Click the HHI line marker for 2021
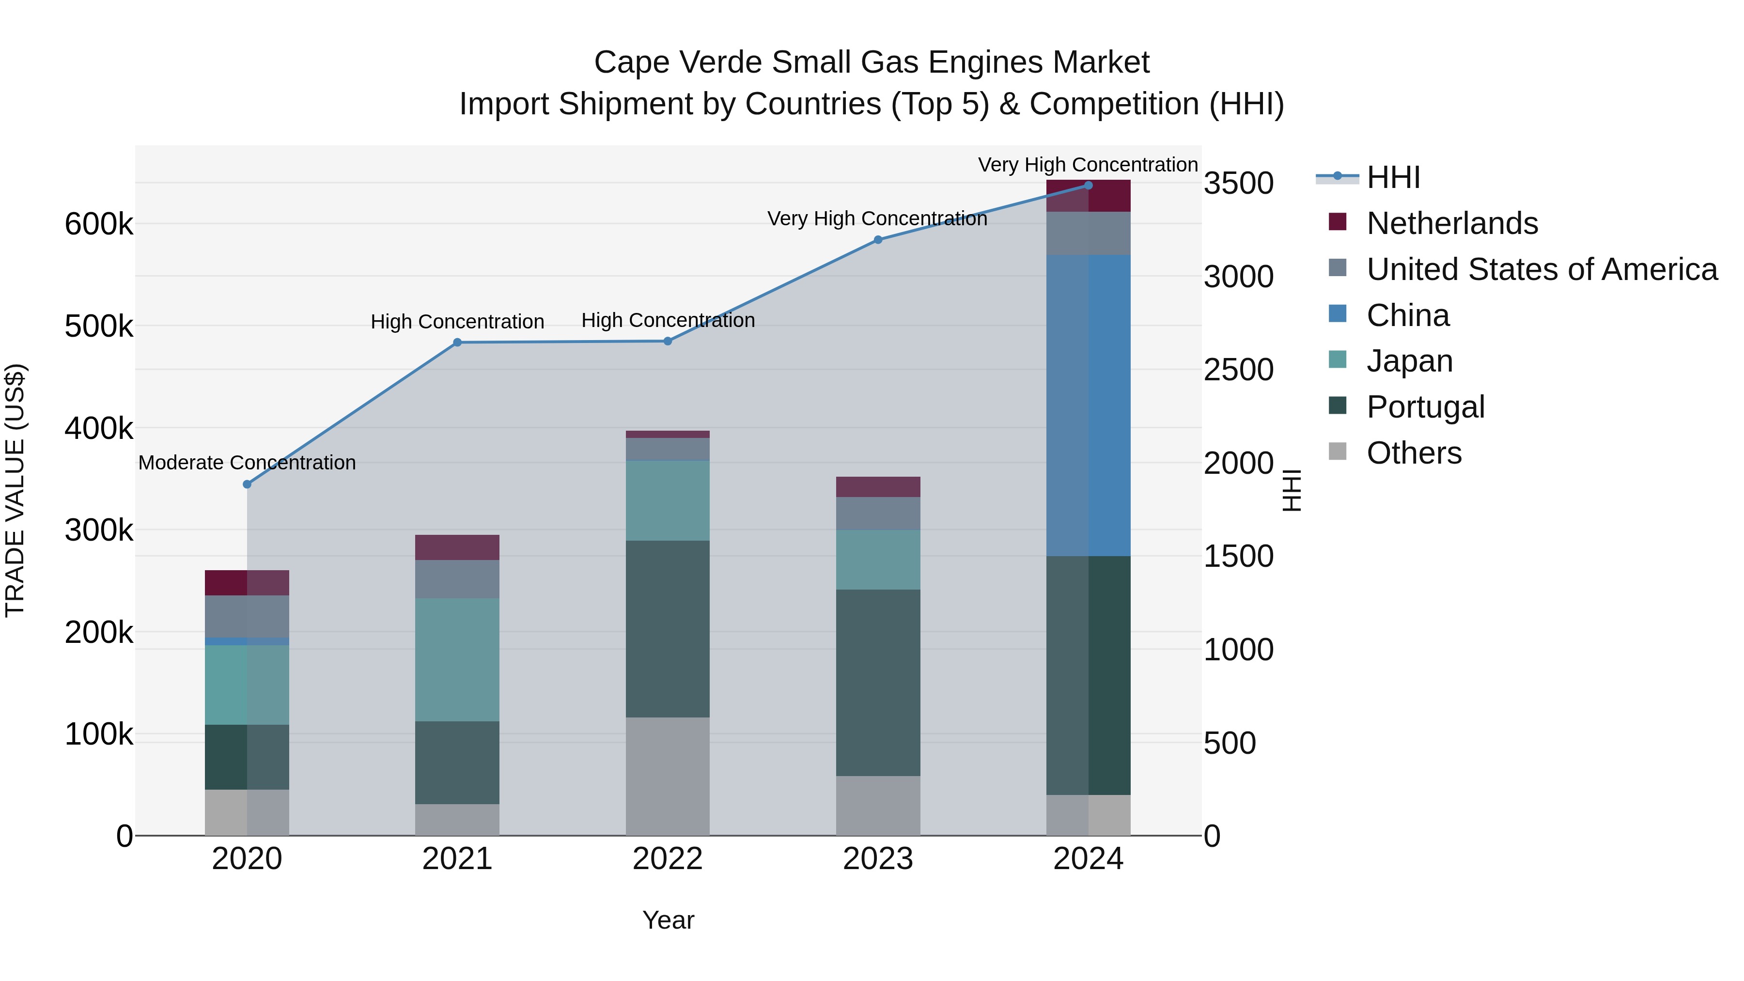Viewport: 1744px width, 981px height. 457,343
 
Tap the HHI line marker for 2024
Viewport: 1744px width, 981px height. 1088,186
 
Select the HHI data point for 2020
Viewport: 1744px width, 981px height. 247,484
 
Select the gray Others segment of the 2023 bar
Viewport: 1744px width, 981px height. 878,805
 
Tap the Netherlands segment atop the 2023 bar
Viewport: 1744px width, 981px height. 878,487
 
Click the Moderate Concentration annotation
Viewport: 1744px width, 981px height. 247,463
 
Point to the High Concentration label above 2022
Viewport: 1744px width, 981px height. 668,320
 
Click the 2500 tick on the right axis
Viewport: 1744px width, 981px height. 1238,370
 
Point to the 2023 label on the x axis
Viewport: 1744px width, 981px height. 878,859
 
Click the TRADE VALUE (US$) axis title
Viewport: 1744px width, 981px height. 15,490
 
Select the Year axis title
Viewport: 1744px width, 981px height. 668,920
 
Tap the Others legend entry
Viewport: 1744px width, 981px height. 1414,453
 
